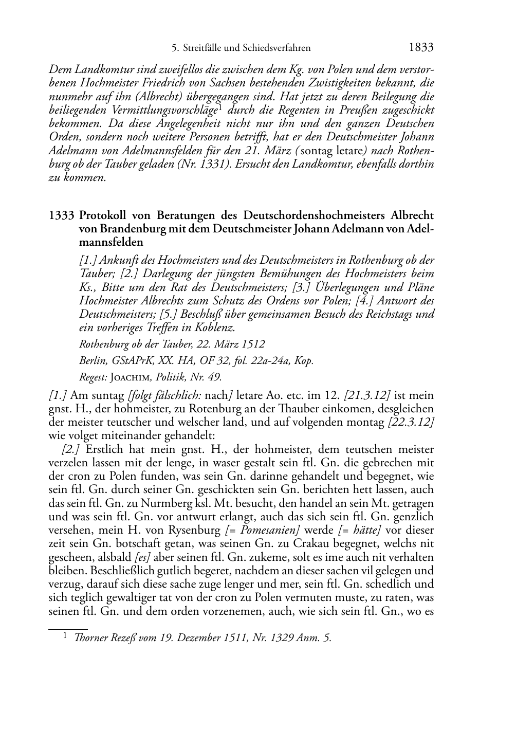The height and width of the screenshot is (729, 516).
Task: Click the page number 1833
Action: pos(421,48)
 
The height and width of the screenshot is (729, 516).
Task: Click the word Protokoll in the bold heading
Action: pos(106,215)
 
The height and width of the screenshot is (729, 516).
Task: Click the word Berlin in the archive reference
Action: pos(92,361)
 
